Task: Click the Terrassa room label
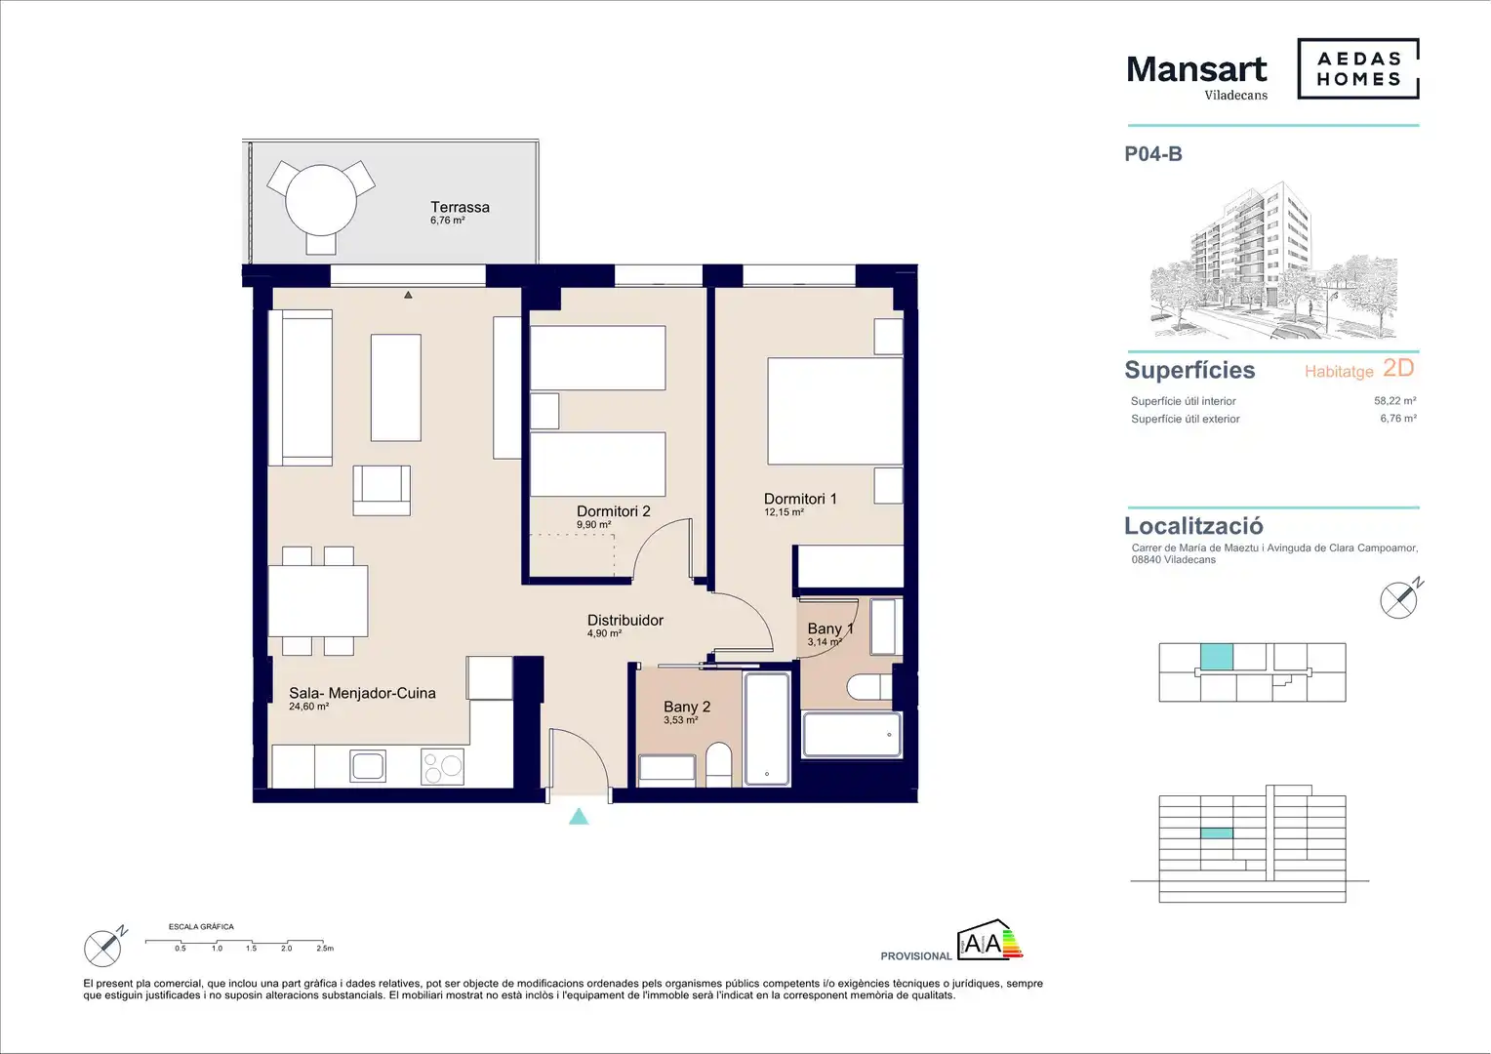[460, 207]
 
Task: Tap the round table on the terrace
[321, 199]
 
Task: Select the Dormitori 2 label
[613, 511]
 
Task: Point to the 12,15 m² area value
[784, 512]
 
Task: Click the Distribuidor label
[625, 621]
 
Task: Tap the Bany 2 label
[687, 708]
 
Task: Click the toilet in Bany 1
[869, 687]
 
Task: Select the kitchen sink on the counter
[368, 766]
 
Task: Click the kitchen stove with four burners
[442, 766]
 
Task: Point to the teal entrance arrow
[579, 817]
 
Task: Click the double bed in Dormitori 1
[834, 411]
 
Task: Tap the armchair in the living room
[382, 490]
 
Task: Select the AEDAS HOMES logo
[1358, 68]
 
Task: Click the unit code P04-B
[1153, 154]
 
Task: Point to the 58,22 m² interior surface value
[1395, 401]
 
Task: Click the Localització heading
[1193, 526]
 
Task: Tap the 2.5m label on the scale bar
[325, 949]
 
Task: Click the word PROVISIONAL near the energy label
[916, 956]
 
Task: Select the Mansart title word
[1196, 69]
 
